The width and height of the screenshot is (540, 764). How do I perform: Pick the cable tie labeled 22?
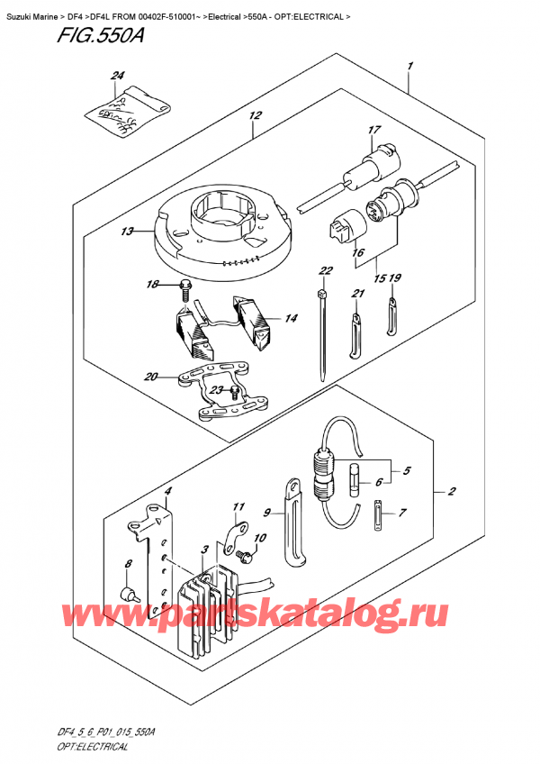[x=321, y=333]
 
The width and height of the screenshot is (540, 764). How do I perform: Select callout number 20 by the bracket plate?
[x=150, y=376]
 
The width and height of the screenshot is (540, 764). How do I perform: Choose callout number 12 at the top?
[x=255, y=115]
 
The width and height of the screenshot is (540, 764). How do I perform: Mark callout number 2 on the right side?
[x=450, y=492]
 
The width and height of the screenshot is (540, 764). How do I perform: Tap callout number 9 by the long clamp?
[x=266, y=513]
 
